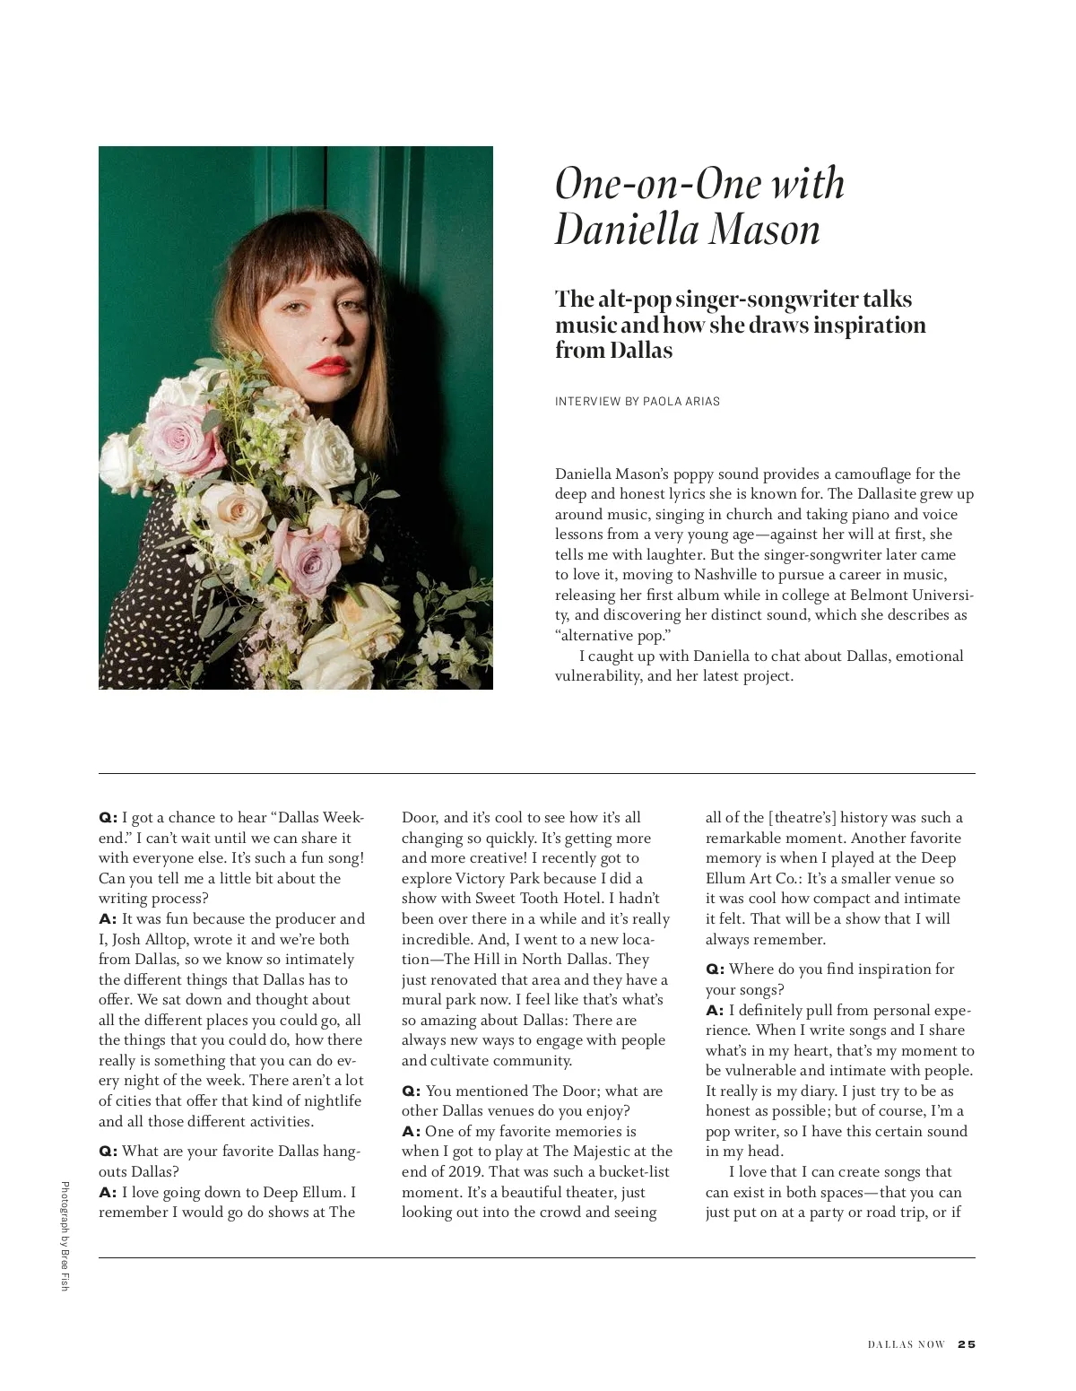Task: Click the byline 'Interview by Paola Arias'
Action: click(x=637, y=401)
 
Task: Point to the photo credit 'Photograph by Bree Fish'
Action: click(x=64, y=1238)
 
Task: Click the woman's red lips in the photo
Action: click(x=329, y=366)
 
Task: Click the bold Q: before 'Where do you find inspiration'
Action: click(x=715, y=969)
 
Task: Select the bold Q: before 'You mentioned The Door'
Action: click(x=411, y=1091)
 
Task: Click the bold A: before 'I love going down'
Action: click(x=108, y=1193)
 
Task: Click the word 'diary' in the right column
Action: click(x=825, y=1091)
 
